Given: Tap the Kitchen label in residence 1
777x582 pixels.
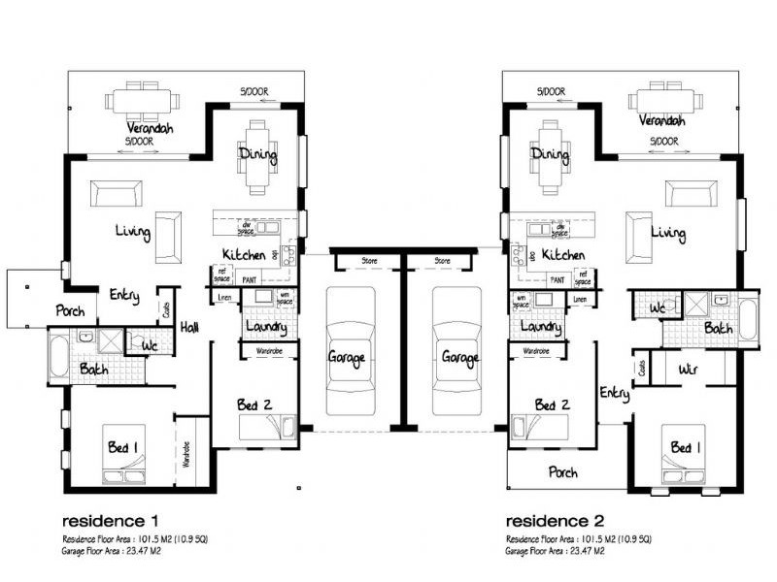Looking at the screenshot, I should coord(245,254).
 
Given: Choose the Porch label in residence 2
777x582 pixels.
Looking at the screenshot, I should coord(563,473).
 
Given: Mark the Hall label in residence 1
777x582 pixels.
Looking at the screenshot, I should coord(189,329).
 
